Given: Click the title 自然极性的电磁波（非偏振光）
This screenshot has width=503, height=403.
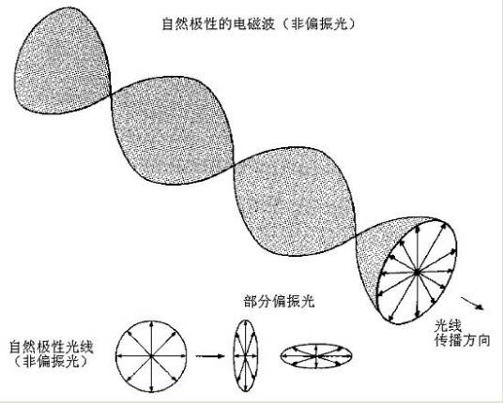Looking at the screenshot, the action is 258,24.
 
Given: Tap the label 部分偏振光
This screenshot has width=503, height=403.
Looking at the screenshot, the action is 279,302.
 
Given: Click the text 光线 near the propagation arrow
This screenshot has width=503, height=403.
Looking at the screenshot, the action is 449,326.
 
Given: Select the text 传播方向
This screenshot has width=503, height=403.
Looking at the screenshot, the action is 463,341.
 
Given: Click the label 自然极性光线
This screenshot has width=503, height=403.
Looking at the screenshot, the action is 52,348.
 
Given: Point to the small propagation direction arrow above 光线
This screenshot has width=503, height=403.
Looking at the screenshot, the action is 472,303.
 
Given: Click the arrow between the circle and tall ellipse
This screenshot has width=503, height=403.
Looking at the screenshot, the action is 210,355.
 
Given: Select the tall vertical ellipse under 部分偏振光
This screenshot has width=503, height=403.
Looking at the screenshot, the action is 246,355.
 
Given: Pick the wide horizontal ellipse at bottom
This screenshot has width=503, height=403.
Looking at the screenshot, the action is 316,355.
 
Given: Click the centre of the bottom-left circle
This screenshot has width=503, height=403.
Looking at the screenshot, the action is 151,355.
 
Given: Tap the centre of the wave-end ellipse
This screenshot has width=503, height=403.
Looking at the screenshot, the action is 417,273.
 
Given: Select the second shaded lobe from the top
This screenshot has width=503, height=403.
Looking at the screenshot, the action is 173,130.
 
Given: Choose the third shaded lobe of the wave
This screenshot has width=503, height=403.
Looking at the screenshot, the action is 295,201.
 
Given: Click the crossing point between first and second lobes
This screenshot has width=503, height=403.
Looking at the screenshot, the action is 112,95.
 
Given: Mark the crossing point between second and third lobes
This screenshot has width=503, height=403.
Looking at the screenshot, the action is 234,166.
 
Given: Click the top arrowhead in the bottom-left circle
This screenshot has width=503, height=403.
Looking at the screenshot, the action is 151,324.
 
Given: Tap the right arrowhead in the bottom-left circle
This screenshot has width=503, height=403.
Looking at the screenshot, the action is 184,355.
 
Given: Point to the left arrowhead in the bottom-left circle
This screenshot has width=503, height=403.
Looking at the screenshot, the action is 118,355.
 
